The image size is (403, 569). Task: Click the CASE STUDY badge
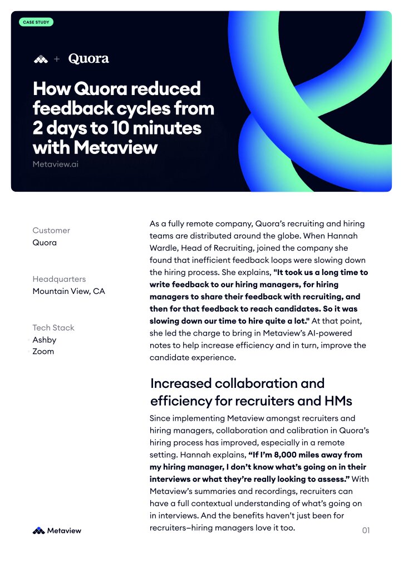pos(36,22)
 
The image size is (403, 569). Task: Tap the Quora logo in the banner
pos(89,58)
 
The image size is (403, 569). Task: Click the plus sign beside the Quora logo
pos(57,59)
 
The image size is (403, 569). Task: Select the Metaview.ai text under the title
pos(56,164)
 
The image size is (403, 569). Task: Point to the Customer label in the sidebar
pos(51,230)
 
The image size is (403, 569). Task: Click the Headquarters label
pos(59,279)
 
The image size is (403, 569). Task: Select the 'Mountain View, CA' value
pos(68,291)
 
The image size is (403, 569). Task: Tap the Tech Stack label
pos(53,328)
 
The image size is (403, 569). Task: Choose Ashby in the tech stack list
pos(45,340)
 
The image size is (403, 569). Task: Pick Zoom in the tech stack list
pos(43,351)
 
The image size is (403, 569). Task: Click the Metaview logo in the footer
pos(57,531)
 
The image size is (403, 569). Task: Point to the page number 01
pos(366,531)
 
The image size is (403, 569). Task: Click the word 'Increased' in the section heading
pos(181,383)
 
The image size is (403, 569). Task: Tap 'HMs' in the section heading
pos(338,400)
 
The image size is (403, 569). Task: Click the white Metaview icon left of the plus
pos(41,59)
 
